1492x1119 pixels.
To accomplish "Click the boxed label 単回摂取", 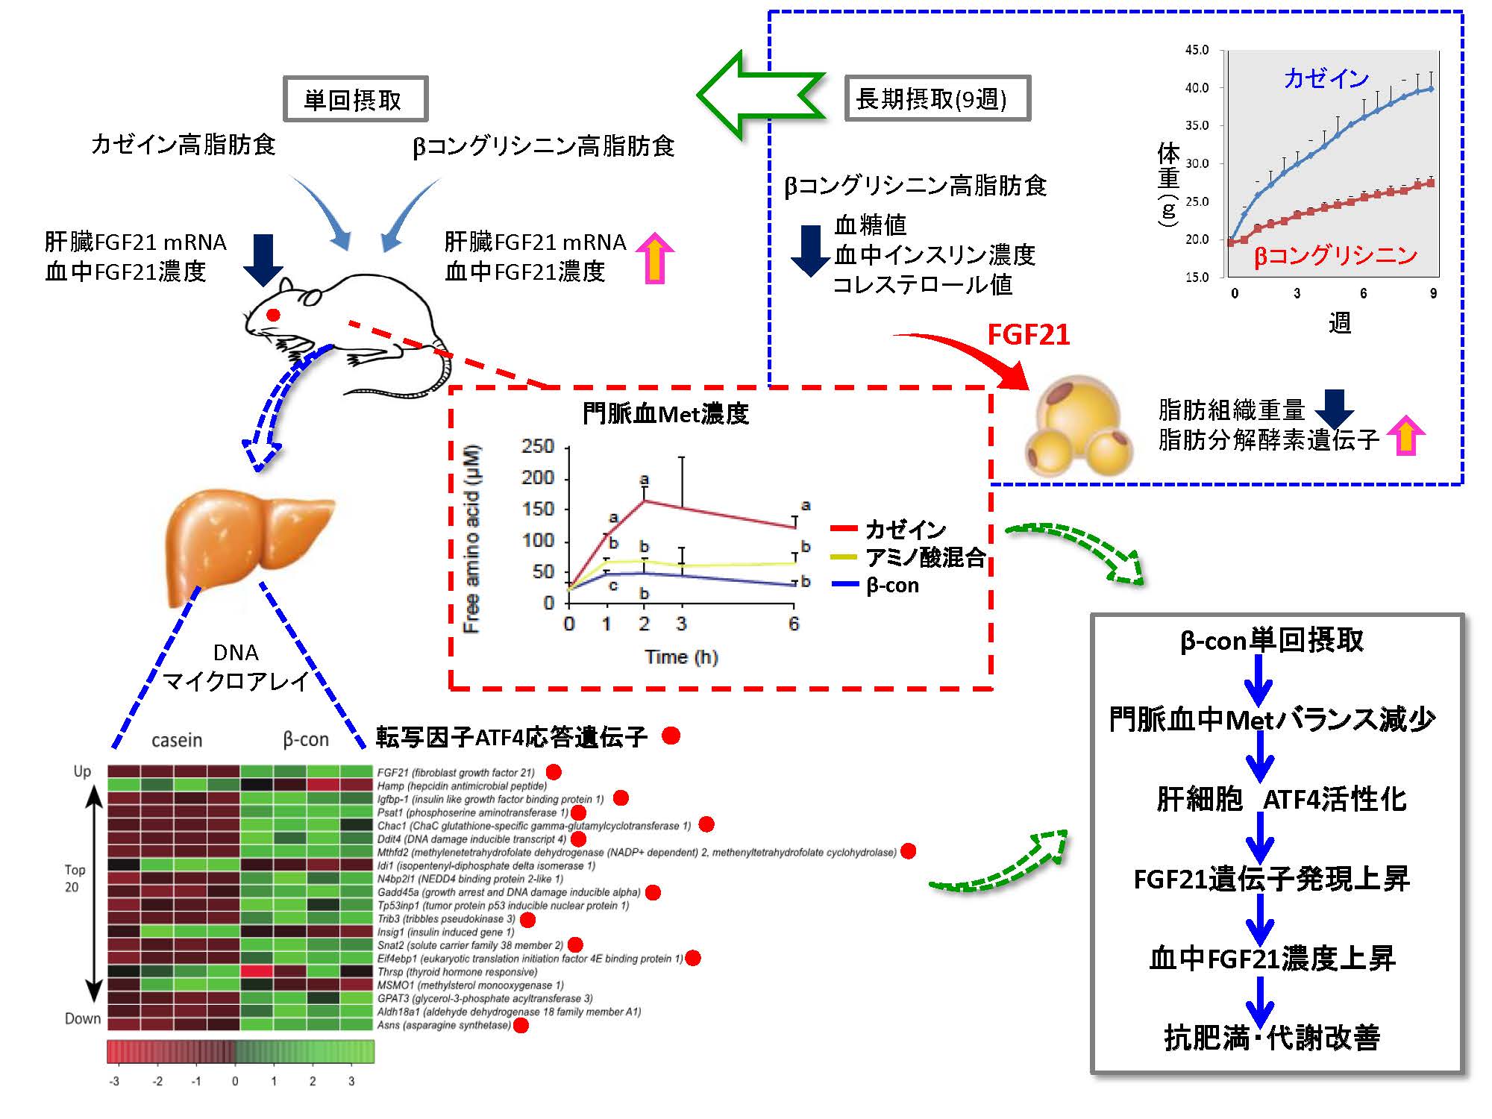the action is [x=355, y=99].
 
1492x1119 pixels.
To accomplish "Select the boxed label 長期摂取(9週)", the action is [x=937, y=98].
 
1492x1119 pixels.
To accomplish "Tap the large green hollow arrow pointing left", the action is [x=761, y=95].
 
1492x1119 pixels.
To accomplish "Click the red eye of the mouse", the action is [x=273, y=315].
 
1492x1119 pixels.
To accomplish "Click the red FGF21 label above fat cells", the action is [x=1028, y=335].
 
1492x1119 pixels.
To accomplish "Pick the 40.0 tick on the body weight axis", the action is [x=1197, y=88].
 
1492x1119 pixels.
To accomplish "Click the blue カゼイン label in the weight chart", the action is [x=1326, y=78].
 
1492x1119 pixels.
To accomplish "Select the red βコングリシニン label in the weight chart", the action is [x=1335, y=256].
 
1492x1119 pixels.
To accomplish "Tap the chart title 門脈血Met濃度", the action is [x=665, y=414].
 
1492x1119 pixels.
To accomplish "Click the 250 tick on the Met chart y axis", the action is [x=538, y=446].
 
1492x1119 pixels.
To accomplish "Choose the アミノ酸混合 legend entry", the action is [x=925, y=557].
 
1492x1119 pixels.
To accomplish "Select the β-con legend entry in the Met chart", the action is [x=892, y=586].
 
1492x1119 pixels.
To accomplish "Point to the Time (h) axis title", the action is [x=681, y=657].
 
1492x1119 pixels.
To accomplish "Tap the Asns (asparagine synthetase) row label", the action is [x=444, y=1025].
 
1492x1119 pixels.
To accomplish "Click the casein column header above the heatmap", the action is [x=177, y=740].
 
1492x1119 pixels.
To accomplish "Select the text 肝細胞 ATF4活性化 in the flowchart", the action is [x=1282, y=799].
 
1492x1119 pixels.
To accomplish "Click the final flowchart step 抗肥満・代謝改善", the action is [x=1273, y=1037].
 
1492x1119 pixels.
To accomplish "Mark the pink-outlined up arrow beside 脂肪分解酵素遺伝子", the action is [x=1406, y=435].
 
